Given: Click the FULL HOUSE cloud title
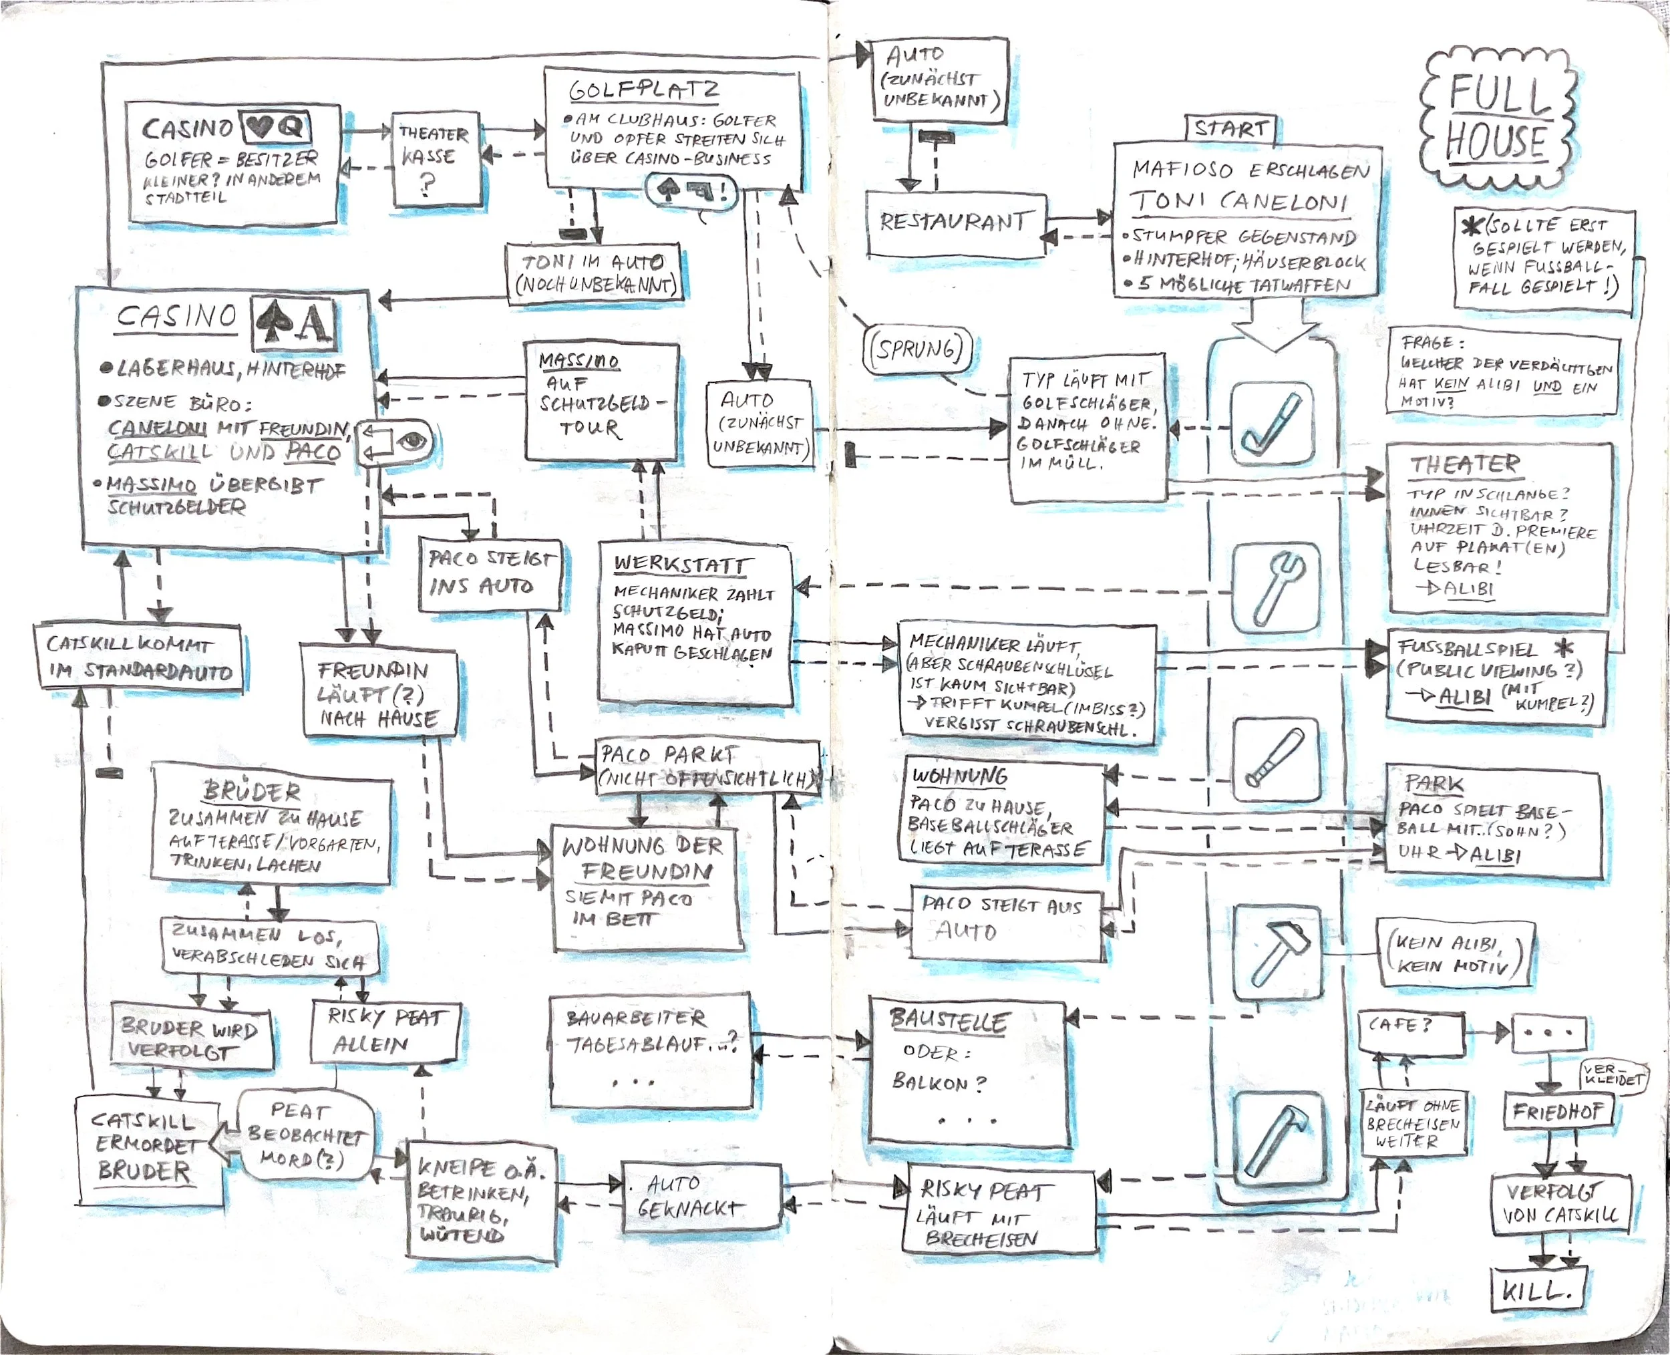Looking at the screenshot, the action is point(1496,117).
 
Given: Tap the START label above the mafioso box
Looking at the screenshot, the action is point(1230,129).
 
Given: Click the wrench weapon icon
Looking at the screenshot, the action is point(1276,587).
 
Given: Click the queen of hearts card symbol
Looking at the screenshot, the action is point(275,126).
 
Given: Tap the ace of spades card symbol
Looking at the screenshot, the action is point(293,322).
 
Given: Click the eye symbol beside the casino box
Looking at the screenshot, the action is point(411,442).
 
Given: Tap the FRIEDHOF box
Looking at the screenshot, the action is point(1555,1112).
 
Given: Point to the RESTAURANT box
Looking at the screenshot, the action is point(955,223).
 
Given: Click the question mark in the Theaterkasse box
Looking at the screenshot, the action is point(428,186).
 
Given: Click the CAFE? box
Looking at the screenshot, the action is point(1409,1034).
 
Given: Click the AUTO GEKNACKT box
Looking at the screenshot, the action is point(701,1196).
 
